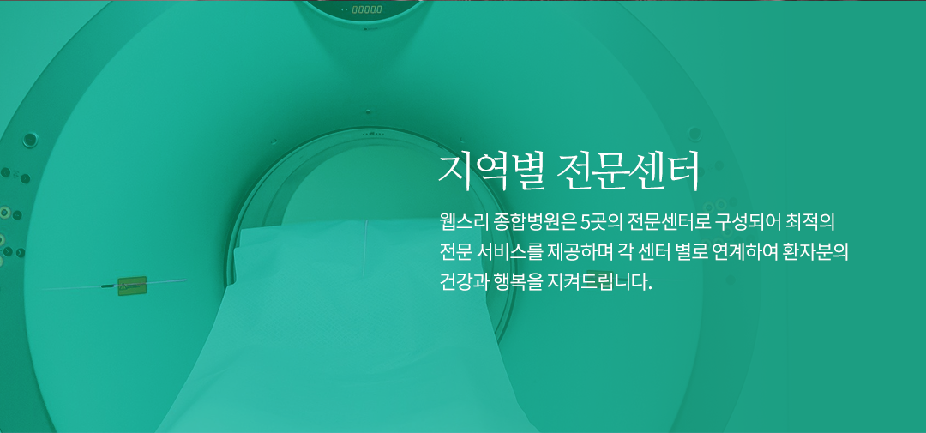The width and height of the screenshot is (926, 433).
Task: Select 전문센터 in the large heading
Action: click(x=628, y=171)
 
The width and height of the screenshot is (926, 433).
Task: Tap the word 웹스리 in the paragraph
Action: click(x=462, y=223)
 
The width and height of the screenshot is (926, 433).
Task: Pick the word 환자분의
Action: click(x=817, y=251)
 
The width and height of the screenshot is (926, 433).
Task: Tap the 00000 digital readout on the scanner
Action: click(x=367, y=9)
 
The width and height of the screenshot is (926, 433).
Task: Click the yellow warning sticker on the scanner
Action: click(x=132, y=286)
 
